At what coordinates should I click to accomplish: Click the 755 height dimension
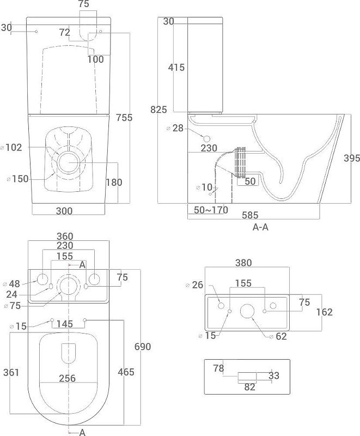click(x=124, y=117)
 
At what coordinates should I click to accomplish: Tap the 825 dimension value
click(x=158, y=110)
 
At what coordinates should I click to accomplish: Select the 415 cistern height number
click(x=176, y=68)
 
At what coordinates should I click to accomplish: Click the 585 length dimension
click(x=251, y=215)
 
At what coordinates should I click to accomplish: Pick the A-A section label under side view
click(x=260, y=227)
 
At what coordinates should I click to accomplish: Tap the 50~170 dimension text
click(x=209, y=209)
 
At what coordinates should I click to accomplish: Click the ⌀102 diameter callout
click(x=11, y=147)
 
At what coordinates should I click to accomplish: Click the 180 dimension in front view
click(x=113, y=183)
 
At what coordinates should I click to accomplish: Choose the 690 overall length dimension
click(x=142, y=347)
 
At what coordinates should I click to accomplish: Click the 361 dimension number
click(x=11, y=372)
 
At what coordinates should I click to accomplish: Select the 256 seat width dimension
click(x=67, y=379)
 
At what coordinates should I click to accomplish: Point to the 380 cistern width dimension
click(x=243, y=263)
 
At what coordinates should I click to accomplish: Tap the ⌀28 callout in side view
click(x=175, y=128)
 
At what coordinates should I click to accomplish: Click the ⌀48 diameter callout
click(x=11, y=284)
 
